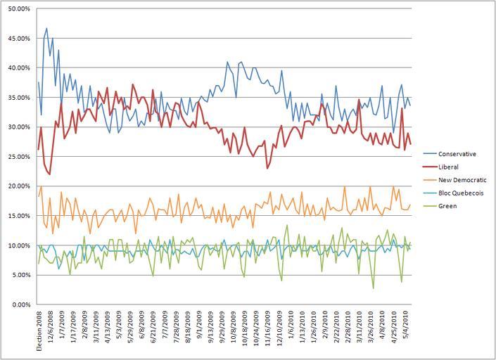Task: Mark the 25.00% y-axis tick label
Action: point(18,157)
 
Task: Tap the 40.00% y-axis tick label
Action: point(18,68)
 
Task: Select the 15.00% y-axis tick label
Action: point(18,216)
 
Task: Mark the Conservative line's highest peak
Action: point(46,29)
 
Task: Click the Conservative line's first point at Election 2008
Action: point(38,82)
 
